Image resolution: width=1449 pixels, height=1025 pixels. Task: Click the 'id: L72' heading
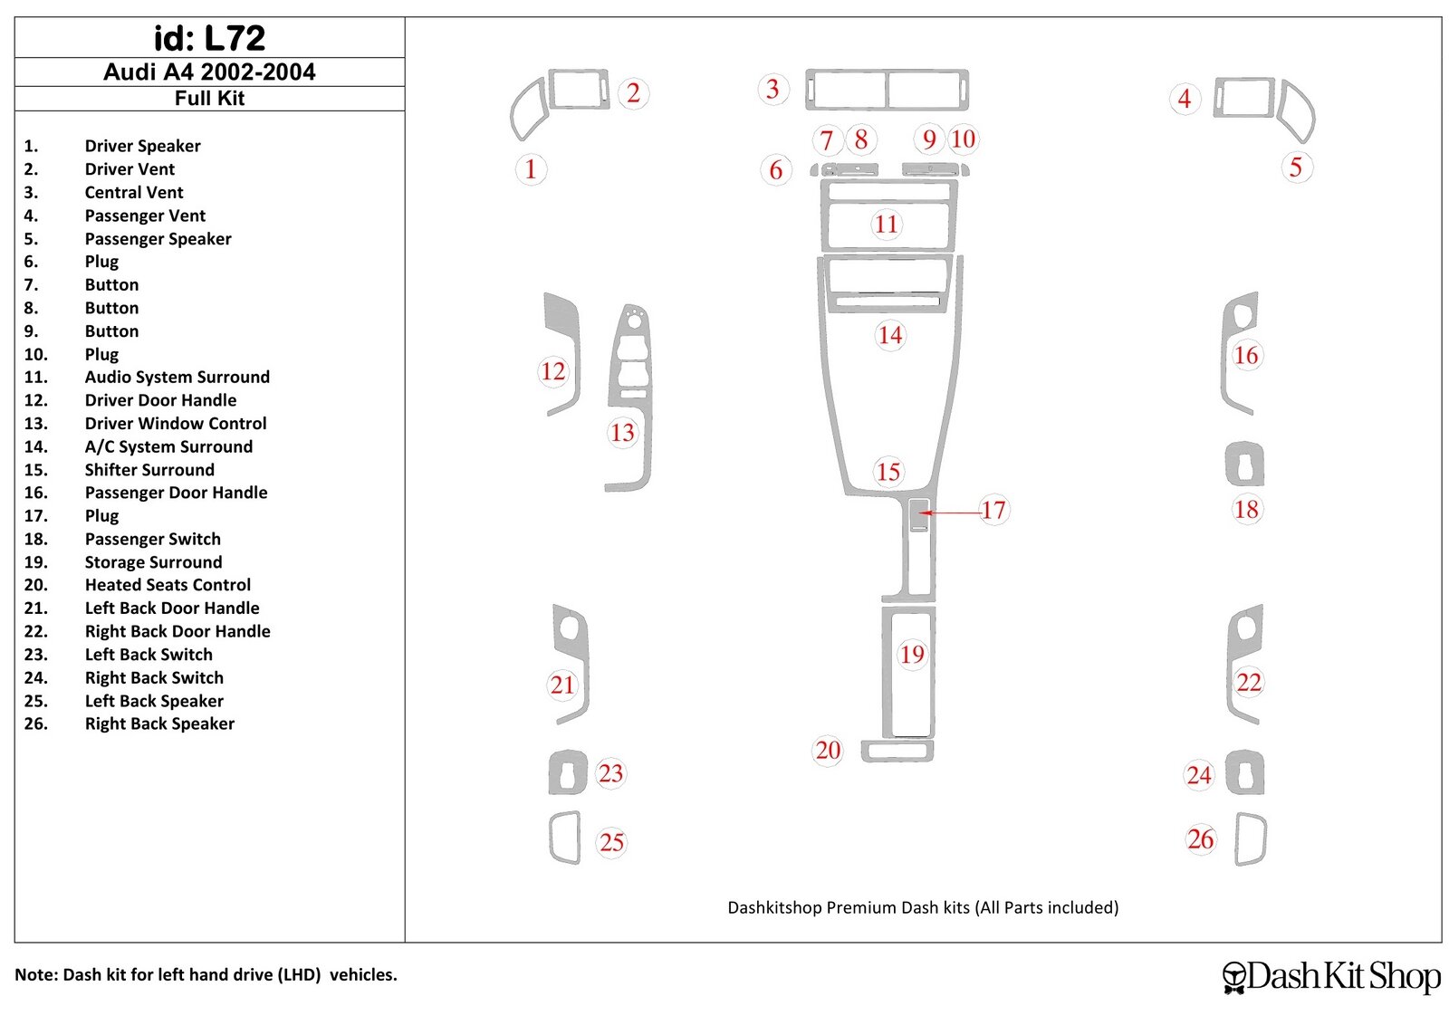[209, 38]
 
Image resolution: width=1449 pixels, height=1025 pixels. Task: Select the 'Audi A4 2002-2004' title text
[209, 72]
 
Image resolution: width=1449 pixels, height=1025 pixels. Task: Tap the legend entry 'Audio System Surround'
[177, 377]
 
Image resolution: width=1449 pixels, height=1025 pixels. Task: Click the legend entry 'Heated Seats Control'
[168, 585]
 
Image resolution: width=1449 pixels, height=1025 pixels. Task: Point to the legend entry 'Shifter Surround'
[149, 470]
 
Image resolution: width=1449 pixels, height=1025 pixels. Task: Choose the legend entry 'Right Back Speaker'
[159, 723]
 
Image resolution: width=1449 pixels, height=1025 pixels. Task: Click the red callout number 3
[772, 89]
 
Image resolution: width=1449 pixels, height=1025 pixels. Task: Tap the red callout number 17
[993, 510]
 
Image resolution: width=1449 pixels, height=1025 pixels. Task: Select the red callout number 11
[886, 224]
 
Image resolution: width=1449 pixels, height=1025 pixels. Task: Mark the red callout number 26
[1201, 839]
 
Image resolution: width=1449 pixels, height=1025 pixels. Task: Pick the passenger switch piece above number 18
[1243, 465]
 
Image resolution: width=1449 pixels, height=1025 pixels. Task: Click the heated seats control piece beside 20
[897, 752]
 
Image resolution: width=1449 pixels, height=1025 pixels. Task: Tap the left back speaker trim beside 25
[563, 838]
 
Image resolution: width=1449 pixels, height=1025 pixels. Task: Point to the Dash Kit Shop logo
[1331, 976]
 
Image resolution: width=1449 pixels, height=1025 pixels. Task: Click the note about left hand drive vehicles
[206, 975]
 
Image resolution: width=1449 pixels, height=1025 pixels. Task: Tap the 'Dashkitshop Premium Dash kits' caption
[923, 907]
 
